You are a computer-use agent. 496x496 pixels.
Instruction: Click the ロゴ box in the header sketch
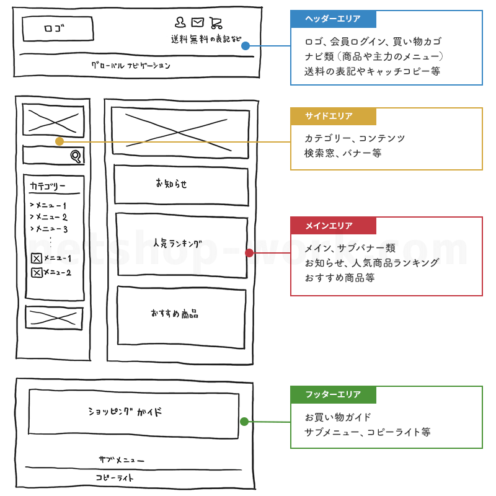(58, 29)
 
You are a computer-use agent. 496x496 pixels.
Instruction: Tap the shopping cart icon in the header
(215, 23)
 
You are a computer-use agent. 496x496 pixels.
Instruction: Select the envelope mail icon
(197, 23)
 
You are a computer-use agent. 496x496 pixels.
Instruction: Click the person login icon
(180, 23)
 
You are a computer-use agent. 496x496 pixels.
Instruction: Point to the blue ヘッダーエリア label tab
(332, 19)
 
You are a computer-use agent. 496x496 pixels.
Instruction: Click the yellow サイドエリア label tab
(333, 117)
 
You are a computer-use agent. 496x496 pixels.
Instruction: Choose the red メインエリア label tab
(333, 226)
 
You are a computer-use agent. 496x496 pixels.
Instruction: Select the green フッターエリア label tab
(333, 395)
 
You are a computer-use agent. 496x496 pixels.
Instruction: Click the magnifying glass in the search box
(76, 156)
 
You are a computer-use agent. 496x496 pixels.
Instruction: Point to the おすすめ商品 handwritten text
(174, 314)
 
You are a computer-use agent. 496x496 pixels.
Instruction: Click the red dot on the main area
(249, 253)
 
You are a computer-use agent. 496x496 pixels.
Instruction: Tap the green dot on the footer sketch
(244, 422)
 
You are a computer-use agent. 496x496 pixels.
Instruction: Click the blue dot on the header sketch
(246, 46)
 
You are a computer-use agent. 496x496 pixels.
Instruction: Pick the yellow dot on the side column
(60, 141)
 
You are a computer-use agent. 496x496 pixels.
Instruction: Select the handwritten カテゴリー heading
(47, 186)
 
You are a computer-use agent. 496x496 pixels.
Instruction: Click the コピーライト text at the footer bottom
(115, 478)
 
